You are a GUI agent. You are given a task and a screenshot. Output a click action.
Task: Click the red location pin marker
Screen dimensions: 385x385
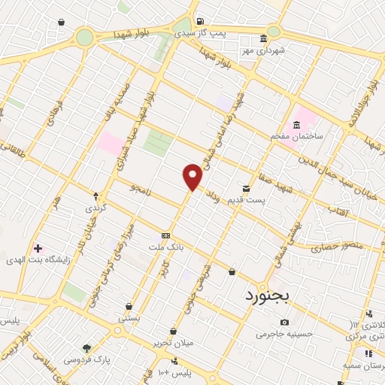tap(192, 177)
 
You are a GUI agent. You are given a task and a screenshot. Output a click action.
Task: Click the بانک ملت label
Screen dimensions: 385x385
tap(166, 247)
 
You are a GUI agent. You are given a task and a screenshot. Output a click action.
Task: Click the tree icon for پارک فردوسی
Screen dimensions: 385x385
tap(86, 348)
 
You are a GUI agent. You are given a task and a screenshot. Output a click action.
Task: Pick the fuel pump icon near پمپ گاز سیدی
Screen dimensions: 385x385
tap(199, 21)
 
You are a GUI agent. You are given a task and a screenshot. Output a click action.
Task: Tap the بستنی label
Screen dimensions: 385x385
tap(129, 319)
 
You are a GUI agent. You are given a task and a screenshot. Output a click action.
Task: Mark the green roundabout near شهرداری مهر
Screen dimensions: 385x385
tap(274, 31)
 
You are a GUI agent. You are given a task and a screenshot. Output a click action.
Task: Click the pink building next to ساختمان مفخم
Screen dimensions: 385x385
tap(303, 119)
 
